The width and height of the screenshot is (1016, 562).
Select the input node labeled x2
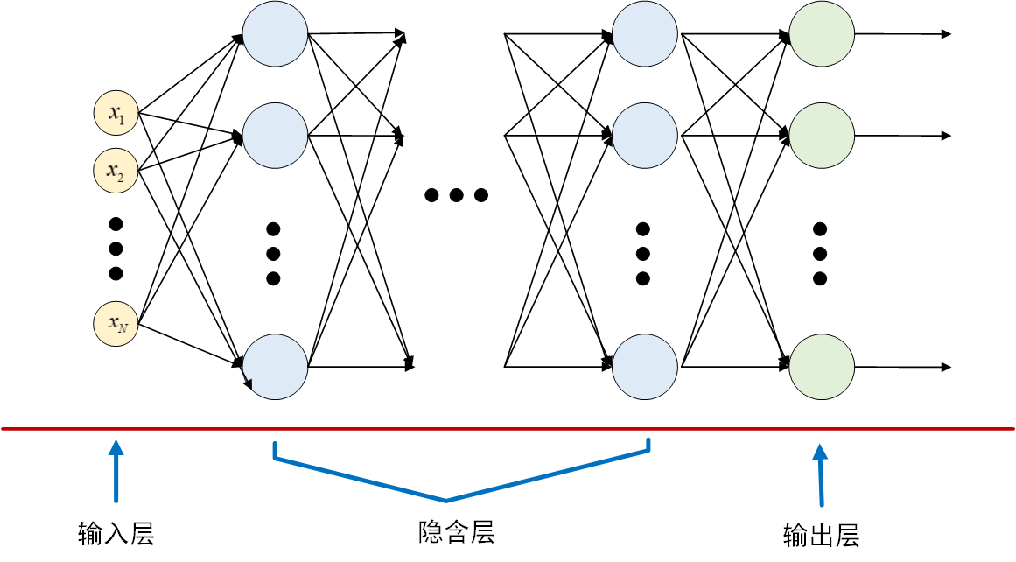click(116, 172)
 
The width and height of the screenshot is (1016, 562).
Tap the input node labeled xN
click(116, 324)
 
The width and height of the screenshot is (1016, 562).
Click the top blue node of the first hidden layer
click(275, 34)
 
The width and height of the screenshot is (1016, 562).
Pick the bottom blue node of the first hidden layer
click(275, 367)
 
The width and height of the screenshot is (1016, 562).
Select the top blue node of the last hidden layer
click(645, 34)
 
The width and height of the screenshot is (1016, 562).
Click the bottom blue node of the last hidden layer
click(645, 367)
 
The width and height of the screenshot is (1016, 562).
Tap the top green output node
click(822, 34)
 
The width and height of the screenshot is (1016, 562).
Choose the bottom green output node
click(822, 367)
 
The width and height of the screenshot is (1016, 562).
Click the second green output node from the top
click(822, 136)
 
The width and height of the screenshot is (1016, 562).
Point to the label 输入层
click(116, 533)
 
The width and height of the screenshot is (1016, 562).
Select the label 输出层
click(821, 535)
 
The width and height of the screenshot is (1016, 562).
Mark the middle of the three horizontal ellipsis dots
click(456, 195)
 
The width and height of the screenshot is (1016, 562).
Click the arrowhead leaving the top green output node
click(946, 34)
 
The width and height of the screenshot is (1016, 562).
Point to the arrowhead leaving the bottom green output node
click(946, 368)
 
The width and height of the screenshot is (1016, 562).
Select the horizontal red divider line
click(508, 429)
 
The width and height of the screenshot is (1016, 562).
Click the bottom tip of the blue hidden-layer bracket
click(446, 501)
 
